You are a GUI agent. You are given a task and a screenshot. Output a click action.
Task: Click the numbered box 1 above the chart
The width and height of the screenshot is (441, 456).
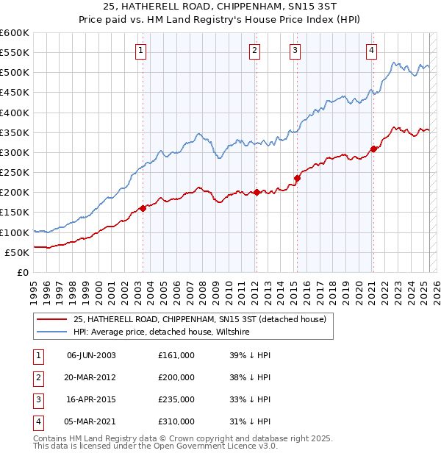(140, 51)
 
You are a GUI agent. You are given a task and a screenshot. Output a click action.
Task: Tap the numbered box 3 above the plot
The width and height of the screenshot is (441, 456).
(295, 51)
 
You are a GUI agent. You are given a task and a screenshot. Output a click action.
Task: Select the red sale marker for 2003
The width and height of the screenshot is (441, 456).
(143, 208)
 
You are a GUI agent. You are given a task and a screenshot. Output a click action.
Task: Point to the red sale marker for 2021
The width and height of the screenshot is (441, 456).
(373, 149)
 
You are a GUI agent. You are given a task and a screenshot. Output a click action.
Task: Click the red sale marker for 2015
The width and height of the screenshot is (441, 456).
(298, 178)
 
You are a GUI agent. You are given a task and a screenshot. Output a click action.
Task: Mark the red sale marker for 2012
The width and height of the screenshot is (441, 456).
(257, 193)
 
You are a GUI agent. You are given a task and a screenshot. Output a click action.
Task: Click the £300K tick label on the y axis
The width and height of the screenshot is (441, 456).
(14, 152)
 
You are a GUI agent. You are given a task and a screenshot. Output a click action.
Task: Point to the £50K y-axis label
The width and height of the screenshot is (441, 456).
(16, 252)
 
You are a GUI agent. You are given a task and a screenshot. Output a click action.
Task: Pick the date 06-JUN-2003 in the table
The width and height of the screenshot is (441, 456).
(91, 355)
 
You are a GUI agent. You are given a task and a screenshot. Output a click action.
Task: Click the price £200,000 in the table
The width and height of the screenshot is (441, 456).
(176, 377)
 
